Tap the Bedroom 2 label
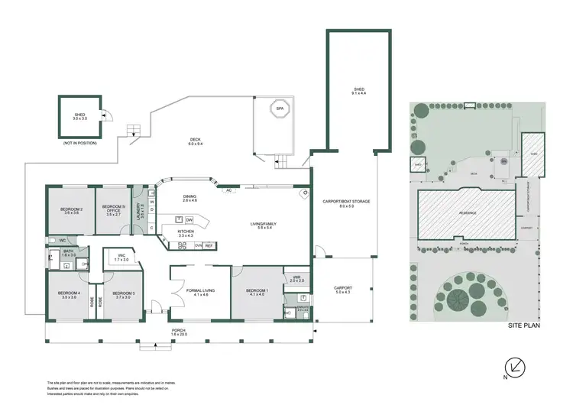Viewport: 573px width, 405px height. (73, 211)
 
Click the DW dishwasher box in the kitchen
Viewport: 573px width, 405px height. (188, 220)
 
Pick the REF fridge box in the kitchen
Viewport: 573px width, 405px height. (208, 245)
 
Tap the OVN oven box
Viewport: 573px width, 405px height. (198, 245)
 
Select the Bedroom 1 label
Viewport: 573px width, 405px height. (256, 293)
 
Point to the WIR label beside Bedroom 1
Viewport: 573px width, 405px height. (296, 279)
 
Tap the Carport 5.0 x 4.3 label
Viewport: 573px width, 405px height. (343, 290)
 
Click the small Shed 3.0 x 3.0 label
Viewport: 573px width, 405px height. (79, 117)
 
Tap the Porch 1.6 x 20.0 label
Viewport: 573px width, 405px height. (178, 332)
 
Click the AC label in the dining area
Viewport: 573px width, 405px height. (228, 190)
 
